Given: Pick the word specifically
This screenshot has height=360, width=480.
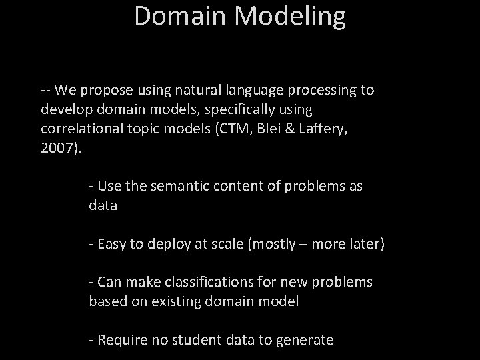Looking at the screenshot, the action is (245, 109).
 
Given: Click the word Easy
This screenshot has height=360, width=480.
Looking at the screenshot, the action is (111, 244).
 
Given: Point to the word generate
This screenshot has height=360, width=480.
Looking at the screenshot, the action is (304, 341).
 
